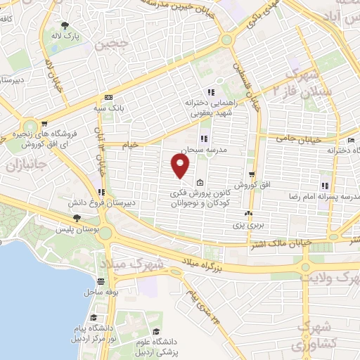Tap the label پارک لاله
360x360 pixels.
(69, 35)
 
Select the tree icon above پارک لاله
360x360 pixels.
(69, 26)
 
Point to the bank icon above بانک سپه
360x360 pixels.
(109, 98)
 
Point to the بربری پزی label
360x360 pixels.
(248, 224)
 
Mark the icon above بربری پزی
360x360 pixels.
(248, 213)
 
